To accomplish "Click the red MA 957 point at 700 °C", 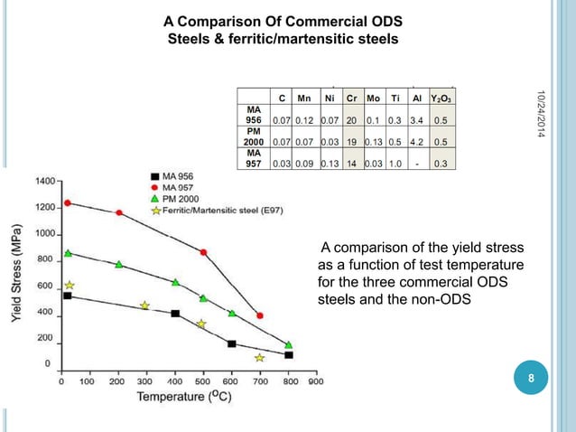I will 260,315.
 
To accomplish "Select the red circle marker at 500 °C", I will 203,252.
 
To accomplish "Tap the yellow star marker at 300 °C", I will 144,305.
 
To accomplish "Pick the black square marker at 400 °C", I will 175,314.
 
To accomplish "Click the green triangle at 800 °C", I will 289,344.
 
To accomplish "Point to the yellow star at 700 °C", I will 260,358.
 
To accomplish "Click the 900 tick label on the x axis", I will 316,381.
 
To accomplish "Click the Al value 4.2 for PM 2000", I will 417,141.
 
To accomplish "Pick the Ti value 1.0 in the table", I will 395,164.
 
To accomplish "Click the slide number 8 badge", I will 531,379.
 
